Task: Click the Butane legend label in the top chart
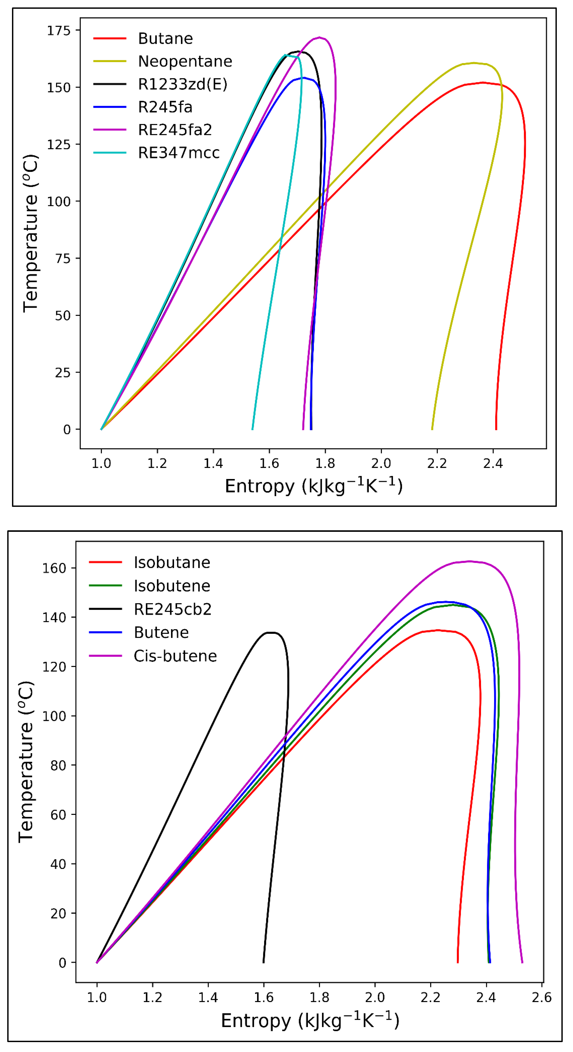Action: tap(165, 38)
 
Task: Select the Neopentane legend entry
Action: tap(185, 61)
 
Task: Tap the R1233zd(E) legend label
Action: tap(182, 84)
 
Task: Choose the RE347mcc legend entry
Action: tap(179, 153)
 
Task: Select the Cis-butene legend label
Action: tap(175, 656)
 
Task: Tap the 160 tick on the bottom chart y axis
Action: tap(54, 568)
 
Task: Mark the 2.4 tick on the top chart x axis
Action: tap(493, 464)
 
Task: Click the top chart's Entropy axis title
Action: tap(313, 486)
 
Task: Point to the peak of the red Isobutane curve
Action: tap(438, 630)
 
